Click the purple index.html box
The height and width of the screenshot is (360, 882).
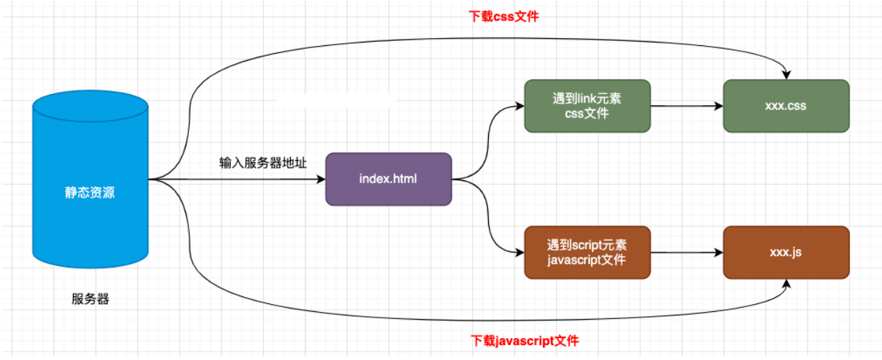(x=388, y=179)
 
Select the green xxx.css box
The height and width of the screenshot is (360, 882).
(x=786, y=106)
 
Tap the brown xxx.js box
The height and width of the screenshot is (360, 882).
(x=786, y=252)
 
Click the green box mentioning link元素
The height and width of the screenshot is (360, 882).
(x=587, y=106)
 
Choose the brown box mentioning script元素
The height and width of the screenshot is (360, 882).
(x=587, y=252)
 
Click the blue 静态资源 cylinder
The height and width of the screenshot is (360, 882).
(x=91, y=192)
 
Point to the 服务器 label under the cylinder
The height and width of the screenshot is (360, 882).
(x=91, y=299)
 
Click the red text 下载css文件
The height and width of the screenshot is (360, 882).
(x=504, y=16)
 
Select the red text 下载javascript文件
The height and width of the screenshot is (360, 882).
(x=525, y=341)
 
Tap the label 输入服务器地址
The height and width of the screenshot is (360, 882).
(x=263, y=163)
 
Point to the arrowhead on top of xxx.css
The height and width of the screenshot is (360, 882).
(x=786, y=75)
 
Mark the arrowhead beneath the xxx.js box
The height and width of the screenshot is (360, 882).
(x=786, y=283)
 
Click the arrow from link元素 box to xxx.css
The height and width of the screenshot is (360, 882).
(x=686, y=106)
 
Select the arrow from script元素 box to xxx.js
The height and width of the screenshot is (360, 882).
(x=686, y=252)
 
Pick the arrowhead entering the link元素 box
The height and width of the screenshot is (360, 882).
(x=520, y=106)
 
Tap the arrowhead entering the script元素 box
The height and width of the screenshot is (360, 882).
(x=520, y=252)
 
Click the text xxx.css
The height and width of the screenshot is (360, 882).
(x=786, y=106)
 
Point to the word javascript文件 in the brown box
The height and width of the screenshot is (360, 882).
(x=587, y=260)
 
